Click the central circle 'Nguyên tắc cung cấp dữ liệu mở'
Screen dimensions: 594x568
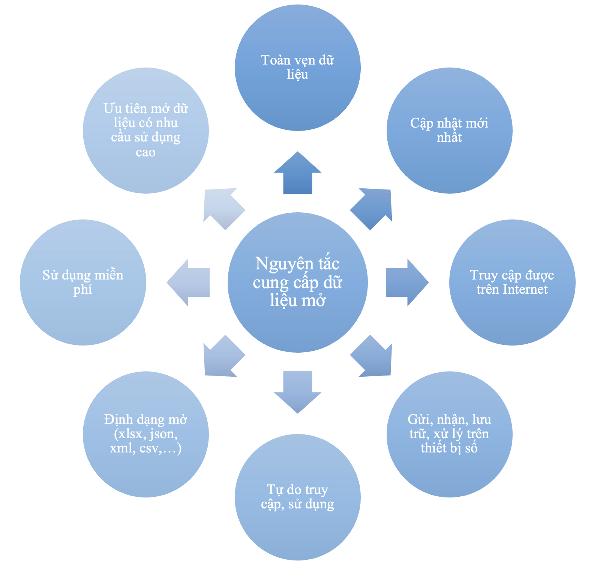coord(297,282)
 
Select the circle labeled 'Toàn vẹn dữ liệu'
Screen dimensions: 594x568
coord(297,68)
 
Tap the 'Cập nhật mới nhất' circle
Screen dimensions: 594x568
coord(449,131)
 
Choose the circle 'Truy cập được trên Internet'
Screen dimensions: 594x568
coord(512,282)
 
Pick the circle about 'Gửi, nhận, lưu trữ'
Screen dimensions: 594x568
coord(449,434)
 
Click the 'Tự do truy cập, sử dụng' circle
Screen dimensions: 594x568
coord(297,497)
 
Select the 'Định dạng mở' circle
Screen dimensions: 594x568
coord(146,434)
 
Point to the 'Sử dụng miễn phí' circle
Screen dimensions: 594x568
coord(83,282)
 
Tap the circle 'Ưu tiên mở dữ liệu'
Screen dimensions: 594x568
coord(146,131)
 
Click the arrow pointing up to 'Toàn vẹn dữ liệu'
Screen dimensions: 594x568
coord(297,173)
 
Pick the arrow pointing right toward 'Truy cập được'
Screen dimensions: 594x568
coord(407,282)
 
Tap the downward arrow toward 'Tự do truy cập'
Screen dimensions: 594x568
coord(297,392)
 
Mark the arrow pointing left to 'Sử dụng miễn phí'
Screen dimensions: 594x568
coord(188,282)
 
